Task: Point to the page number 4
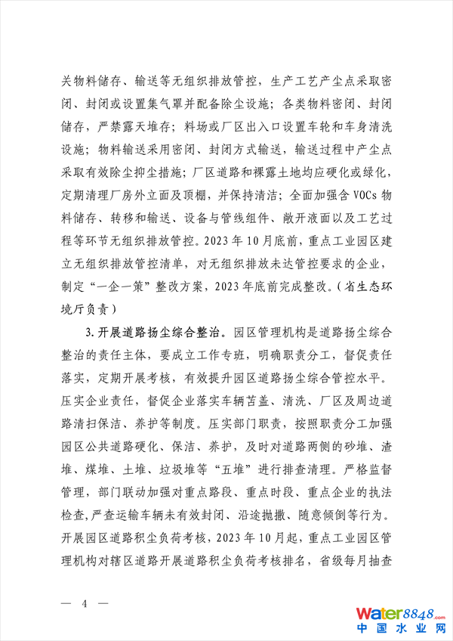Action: tap(85, 604)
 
